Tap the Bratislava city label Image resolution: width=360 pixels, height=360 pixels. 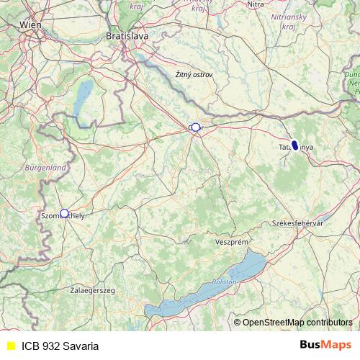[x=127, y=35]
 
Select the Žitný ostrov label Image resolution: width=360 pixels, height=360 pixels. [x=194, y=74]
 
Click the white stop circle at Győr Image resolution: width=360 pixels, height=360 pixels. [x=195, y=127]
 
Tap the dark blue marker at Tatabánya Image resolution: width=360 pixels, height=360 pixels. [x=294, y=144]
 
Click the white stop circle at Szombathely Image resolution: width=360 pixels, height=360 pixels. [x=64, y=213]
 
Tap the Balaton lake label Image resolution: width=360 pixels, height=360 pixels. [x=224, y=282]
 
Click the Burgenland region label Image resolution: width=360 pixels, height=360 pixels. [x=45, y=167]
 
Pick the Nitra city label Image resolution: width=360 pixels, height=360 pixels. [x=256, y=4]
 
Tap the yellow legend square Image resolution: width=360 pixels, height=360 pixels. [x=11, y=346]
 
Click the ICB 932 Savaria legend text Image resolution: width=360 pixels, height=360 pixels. [x=60, y=346]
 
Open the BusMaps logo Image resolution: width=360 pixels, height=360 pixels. [x=325, y=345]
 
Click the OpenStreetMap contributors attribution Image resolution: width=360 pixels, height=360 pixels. [x=297, y=323]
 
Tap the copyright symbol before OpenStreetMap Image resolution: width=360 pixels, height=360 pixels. [x=237, y=323]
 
